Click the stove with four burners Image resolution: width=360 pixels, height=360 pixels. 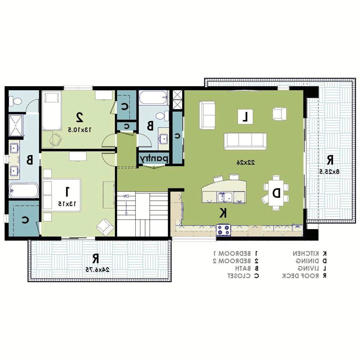tap(224, 230)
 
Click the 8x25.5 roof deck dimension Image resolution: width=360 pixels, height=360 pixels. tap(329, 171)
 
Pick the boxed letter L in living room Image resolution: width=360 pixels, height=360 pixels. tap(245, 117)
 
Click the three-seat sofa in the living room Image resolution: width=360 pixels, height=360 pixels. tap(245, 141)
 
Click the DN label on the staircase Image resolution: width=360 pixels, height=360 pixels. tap(126, 196)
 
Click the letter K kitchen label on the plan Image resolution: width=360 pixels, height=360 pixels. tap(223, 213)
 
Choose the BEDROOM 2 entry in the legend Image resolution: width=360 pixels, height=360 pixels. tap(235, 261)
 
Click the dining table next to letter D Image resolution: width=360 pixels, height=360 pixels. tap(276, 193)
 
